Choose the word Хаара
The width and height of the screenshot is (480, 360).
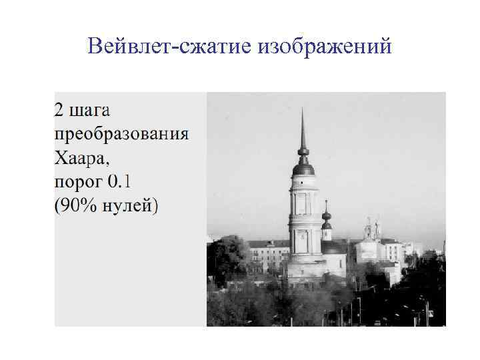78,158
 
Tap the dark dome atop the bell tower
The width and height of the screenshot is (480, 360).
303,168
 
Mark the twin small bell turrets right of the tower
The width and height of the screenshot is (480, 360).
371,229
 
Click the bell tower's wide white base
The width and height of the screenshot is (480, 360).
304,267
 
